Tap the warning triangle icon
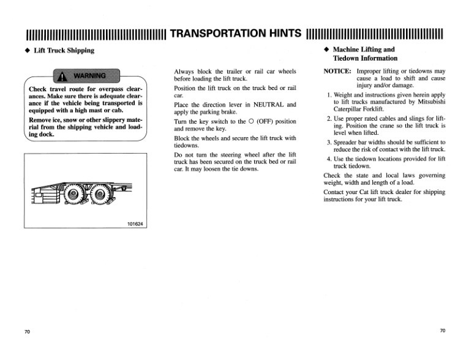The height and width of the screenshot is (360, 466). tap(62, 77)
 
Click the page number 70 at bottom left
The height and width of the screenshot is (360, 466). tap(27, 331)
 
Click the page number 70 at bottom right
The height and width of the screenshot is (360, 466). tap(443, 331)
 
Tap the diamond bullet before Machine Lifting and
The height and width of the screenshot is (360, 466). tap(327, 50)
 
